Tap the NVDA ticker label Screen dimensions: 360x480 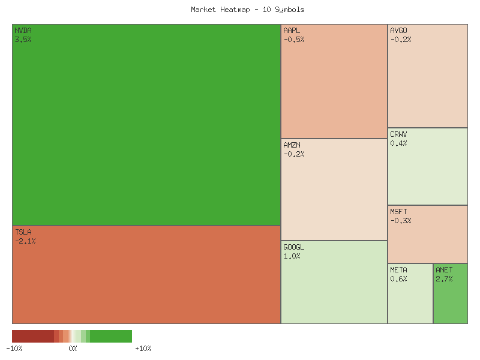(23, 31)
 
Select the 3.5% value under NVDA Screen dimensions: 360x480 (23, 40)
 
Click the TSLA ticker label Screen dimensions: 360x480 (23, 232)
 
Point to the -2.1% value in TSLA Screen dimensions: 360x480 (25, 241)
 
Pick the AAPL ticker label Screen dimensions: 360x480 (292, 31)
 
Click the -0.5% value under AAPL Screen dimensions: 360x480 (294, 40)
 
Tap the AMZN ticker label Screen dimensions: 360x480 (292, 145)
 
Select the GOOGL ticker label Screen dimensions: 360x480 (294, 247)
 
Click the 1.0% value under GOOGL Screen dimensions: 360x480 (292, 256)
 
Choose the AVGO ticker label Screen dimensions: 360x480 (399, 31)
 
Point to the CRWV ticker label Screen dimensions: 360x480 (399, 134)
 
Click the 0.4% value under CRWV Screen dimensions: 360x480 (399, 143)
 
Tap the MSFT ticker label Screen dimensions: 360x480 (399, 212)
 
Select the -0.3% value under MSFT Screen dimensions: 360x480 (401, 221)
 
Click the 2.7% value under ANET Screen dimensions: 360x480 (445, 279)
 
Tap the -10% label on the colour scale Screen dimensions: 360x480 (14, 348)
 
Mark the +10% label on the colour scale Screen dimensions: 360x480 (143, 348)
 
